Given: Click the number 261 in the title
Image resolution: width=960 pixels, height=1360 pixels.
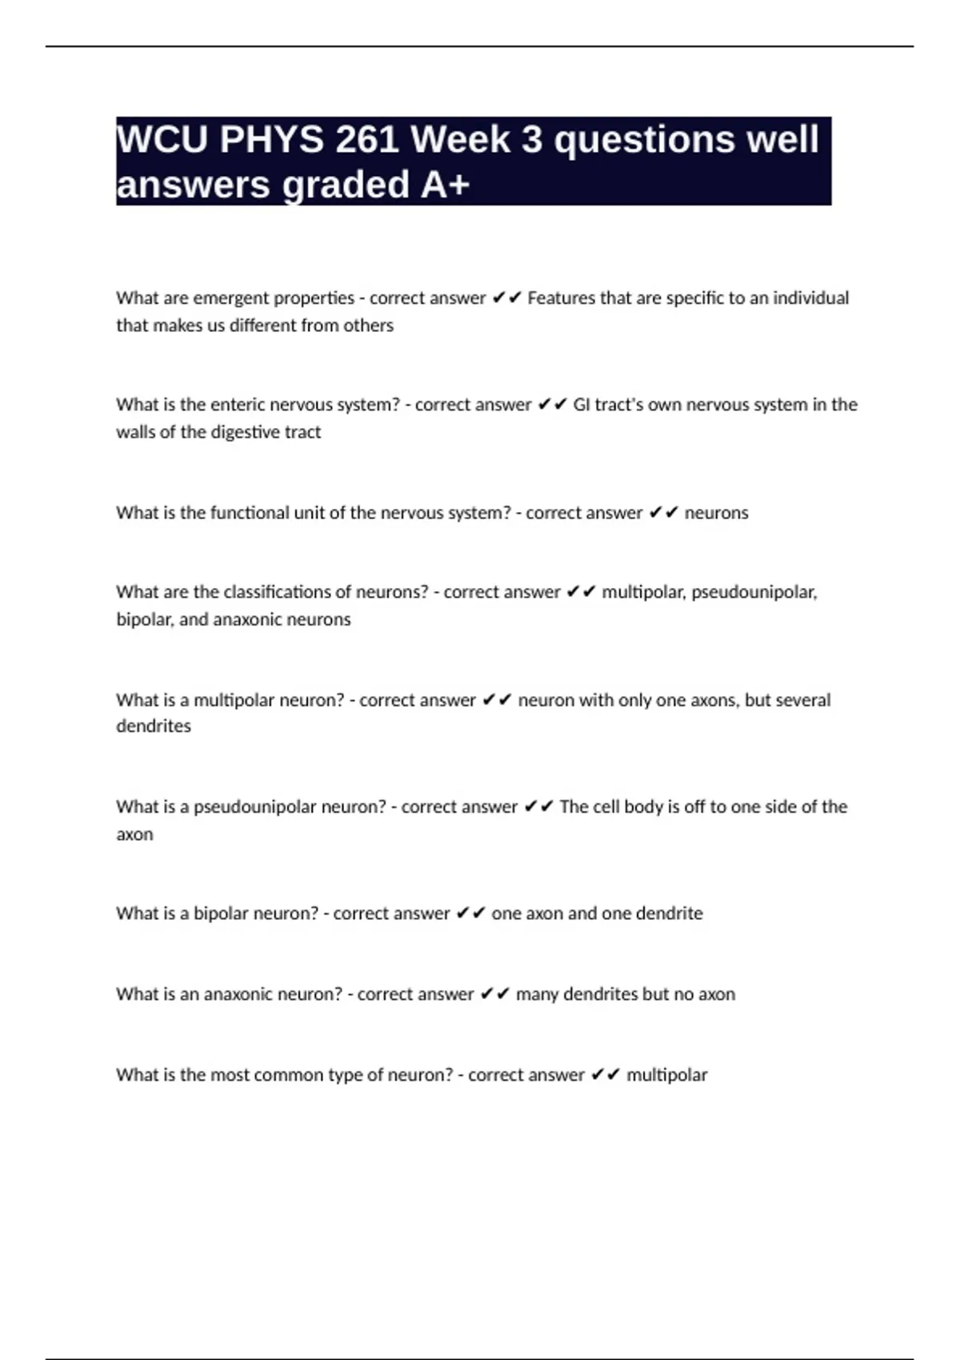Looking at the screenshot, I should (367, 140).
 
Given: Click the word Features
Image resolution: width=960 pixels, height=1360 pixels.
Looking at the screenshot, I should (562, 298).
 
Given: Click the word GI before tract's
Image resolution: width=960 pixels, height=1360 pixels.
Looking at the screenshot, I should (582, 405).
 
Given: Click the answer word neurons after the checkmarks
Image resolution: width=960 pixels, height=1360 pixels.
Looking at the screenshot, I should (716, 513).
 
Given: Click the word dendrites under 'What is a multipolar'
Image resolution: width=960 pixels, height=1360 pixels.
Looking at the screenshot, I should (154, 726).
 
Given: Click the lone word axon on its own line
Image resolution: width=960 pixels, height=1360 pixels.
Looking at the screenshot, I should (134, 834).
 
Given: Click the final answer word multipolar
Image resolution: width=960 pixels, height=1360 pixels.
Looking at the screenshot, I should (666, 1075).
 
